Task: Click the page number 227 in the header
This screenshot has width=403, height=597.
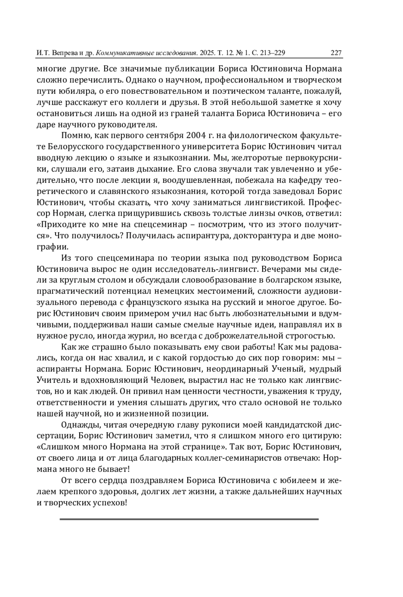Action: coord(336,53)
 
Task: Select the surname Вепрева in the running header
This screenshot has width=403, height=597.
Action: coord(63,53)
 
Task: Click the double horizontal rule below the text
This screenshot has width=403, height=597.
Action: coord(189,519)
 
